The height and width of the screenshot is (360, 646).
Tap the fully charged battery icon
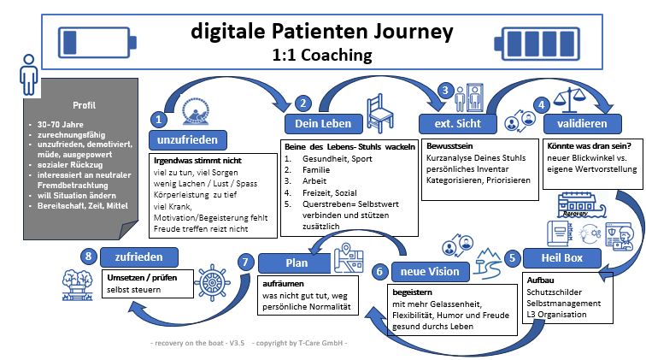coord(541,41)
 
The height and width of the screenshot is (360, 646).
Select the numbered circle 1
coord(159,119)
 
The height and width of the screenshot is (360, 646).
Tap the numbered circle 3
coord(444,90)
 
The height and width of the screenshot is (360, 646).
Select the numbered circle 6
coord(380,270)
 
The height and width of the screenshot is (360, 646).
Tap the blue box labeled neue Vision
coord(431,272)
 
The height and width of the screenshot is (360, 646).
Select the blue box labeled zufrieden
coord(140,256)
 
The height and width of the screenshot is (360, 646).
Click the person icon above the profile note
coord(29,74)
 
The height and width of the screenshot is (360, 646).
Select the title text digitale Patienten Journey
coord(323,32)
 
